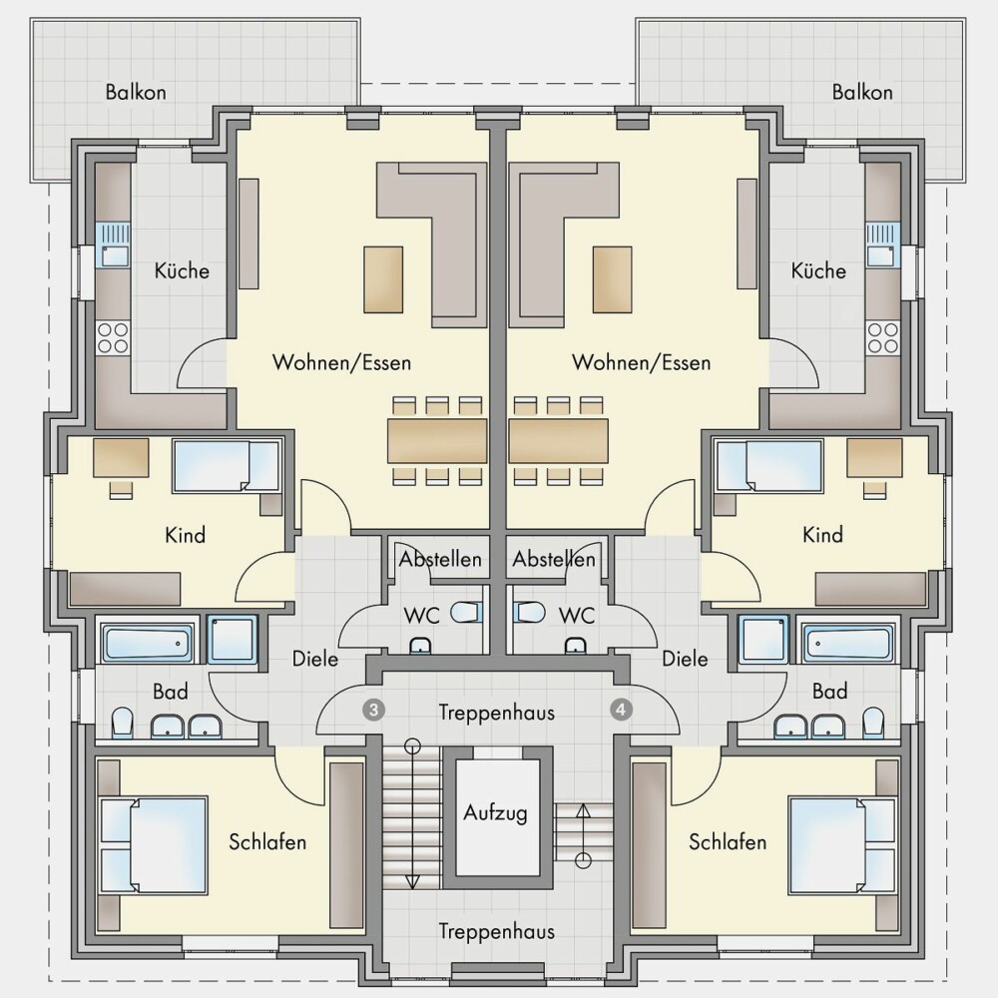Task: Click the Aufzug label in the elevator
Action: (x=495, y=813)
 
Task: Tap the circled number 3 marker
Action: (x=373, y=710)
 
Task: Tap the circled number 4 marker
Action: (x=621, y=709)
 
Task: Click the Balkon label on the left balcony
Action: (x=136, y=92)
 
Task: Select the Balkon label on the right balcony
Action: (x=862, y=92)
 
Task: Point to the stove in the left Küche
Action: (x=113, y=337)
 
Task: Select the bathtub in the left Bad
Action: (x=147, y=643)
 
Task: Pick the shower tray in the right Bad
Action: (x=763, y=639)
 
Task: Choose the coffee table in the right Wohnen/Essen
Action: (x=613, y=280)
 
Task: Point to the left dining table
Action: (x=437, y=440)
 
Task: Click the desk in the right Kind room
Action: (x=874, y=457)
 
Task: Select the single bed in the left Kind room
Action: (x=227, y=466)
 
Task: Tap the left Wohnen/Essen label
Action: (x=341, y=363)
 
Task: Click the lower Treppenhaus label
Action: (x=496, y=932)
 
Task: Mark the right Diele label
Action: (x=685, y=659)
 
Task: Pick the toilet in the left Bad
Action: (x=122, y=723)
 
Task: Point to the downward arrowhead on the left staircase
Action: (x=412, y=882)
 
